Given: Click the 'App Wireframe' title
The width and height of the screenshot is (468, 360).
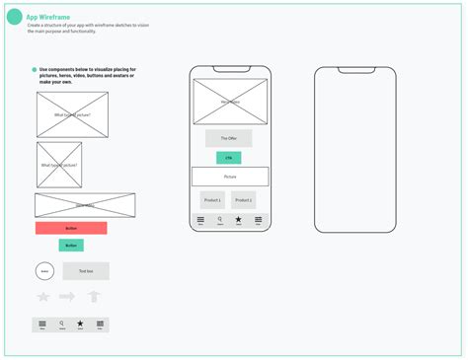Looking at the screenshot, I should coord(48,16).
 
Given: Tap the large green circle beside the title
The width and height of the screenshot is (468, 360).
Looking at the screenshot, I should coord(15,17).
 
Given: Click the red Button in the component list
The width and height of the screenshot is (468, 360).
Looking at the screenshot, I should coord(71,228).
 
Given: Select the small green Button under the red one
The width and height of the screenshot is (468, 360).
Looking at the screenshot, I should coord(71,245).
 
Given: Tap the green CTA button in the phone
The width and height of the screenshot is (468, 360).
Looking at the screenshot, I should coord(229,157).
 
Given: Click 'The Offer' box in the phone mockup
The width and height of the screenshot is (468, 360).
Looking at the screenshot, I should coord(229,138).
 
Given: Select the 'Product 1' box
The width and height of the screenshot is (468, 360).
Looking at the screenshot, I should coord(212,199).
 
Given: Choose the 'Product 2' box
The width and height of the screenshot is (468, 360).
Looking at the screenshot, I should coord(244,199).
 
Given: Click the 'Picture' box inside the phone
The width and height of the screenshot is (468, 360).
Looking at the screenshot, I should coord(230,177).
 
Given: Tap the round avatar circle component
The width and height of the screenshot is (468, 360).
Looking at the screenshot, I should coord(45,270).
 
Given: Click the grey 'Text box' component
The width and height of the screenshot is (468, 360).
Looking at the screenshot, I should coord(86,270).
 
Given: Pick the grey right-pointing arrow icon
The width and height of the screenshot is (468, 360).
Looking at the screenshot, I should coord(67,296).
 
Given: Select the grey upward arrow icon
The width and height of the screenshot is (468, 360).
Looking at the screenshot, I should coord(94,296).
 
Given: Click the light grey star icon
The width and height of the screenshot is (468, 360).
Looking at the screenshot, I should coord(43,296).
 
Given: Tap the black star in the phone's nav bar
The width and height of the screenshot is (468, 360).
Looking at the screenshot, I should coord(238,219).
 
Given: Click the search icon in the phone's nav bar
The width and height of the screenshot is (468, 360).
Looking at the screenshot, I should coord(219,219).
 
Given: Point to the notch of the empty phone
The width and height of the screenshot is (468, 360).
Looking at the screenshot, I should coord(354,70).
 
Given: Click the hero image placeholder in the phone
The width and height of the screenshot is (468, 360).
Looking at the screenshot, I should coord(230,102).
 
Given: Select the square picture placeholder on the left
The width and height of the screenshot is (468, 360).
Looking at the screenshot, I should coord(59,165).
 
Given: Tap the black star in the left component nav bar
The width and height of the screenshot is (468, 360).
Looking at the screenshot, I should coord(80,324).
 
